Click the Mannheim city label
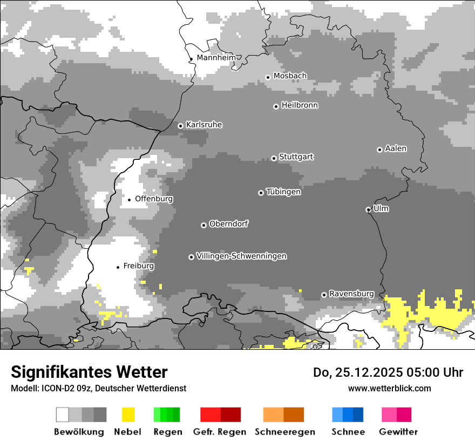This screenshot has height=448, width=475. coord(216,58)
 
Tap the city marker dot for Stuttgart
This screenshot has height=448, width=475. coord(274,158)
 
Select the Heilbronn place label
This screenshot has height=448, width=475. coord(300,105)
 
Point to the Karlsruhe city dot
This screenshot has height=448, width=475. coord(181,126)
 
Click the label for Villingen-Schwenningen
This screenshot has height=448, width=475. coord(241,256)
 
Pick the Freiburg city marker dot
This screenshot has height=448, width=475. coord(118,267)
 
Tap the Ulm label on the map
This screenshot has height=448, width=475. coord(381,208)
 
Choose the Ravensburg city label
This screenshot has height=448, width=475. coord(351,294)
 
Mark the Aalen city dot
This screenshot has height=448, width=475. coord(379,150)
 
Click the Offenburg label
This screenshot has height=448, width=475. coord(154,199)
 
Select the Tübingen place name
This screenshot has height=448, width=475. coord(283,192)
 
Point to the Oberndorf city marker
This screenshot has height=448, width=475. coord(203,225)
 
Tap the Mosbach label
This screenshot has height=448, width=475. coord(290,76)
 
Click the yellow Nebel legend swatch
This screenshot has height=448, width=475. coord(128,415)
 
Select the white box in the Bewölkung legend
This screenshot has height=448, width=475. coord(63,415)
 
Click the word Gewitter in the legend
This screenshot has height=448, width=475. coord(398,432)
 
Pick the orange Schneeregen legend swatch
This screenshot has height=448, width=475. coord(273,415)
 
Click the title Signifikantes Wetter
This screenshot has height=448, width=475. coord(89,372)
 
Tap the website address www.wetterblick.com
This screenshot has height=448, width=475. coord(389,388)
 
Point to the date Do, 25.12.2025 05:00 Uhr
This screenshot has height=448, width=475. coord(388,372)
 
